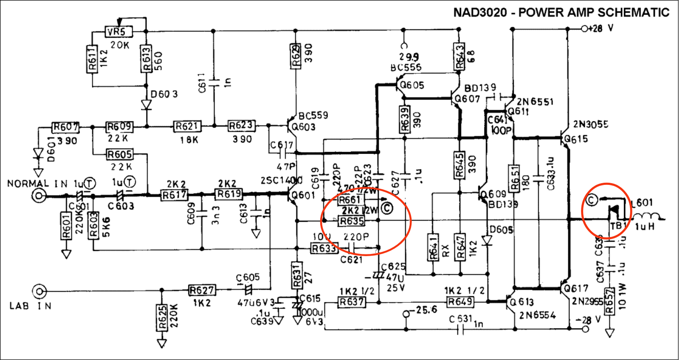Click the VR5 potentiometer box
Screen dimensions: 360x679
coord(118,32)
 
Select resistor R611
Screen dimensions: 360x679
coord(92,59)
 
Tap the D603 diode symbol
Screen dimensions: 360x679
coord(147,104)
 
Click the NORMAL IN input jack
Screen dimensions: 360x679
coord(39,196)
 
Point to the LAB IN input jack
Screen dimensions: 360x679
coord(39,291)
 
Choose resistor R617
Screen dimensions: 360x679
coord(174,195)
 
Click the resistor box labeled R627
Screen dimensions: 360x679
coord(202,290)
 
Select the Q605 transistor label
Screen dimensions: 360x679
coord(412,85)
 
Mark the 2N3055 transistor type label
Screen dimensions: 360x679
coord(590,124)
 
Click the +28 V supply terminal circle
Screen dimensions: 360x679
coord(585,29)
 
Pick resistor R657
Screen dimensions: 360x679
coord(609,301)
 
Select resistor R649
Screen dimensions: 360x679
coord(460,302)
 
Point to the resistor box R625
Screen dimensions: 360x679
coord(162,318)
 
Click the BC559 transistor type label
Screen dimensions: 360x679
coord(313,115)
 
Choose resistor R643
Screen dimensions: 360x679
coord(459,56)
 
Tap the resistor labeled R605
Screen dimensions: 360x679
coord(120,154)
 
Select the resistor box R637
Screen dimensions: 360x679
coord(352,302)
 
